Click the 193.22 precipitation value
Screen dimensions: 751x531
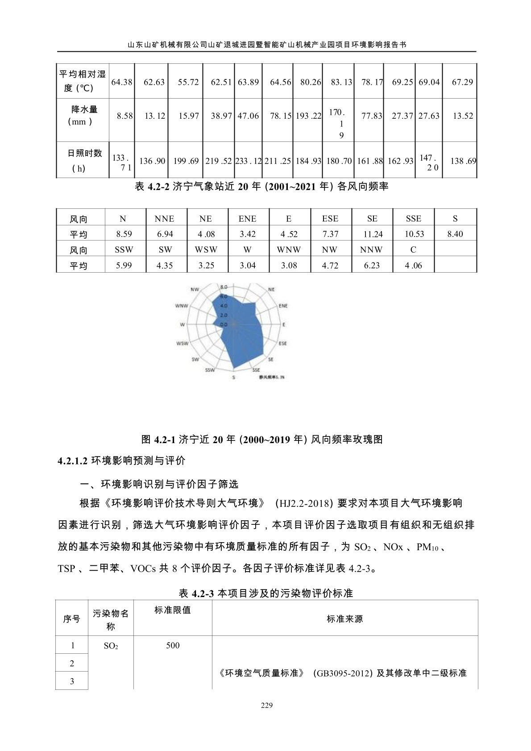coord(308,116)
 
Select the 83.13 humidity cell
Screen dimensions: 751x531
coord(341,82)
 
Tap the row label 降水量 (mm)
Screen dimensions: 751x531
coord(83,116)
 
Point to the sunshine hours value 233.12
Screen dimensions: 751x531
coord(249,161)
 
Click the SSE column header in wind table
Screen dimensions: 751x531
coord(413,219)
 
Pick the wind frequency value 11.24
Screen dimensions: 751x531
coord(373,234)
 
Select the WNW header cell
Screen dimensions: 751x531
coord(289,250)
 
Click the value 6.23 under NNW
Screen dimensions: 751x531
coord(372,266)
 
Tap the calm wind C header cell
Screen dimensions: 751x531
coord(413,250)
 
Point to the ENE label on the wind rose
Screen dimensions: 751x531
coord(283,306)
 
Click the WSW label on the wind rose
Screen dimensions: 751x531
coord(182,344)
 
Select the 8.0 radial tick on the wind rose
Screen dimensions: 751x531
coord(224,287)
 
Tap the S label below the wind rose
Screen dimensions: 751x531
coord(233,378)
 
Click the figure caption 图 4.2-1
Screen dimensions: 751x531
coord(262,440)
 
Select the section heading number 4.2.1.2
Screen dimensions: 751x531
coord(72,461)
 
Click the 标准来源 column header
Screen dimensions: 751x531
coord(344,619)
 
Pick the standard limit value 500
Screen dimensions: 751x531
coord(173,645)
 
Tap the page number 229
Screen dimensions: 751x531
coord(266,705)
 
